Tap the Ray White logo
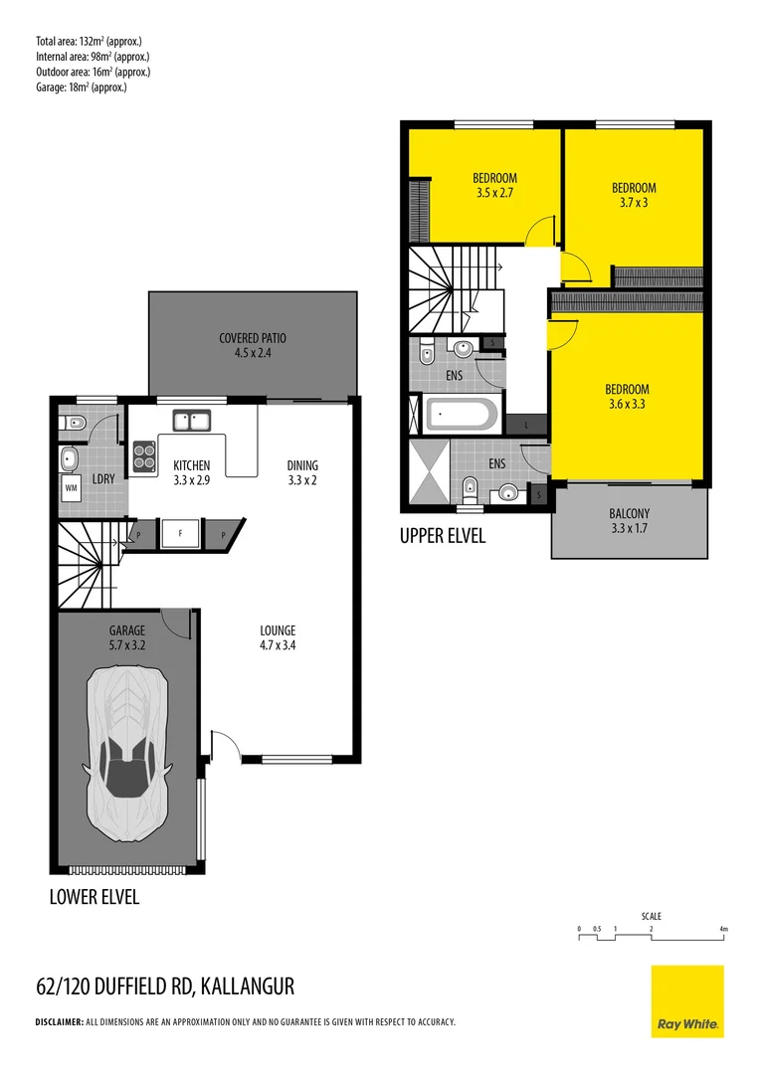point(687,1001)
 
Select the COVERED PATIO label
point(252,345)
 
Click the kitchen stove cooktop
point(144,453)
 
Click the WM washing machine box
point(71,487)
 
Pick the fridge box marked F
point(180,533)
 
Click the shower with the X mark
point(430,472)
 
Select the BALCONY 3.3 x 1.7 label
point(629,521)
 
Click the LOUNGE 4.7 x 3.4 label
point(278,637)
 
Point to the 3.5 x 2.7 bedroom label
point(494,186)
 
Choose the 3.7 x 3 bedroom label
point(634,195)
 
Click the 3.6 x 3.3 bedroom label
point(627,397)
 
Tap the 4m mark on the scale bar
point(723,930)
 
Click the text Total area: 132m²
point(89,41)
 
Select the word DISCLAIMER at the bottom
point(60,1022)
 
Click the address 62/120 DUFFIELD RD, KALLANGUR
point(165,986)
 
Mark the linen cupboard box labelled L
point(525,425)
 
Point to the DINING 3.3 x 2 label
point(303,472)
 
